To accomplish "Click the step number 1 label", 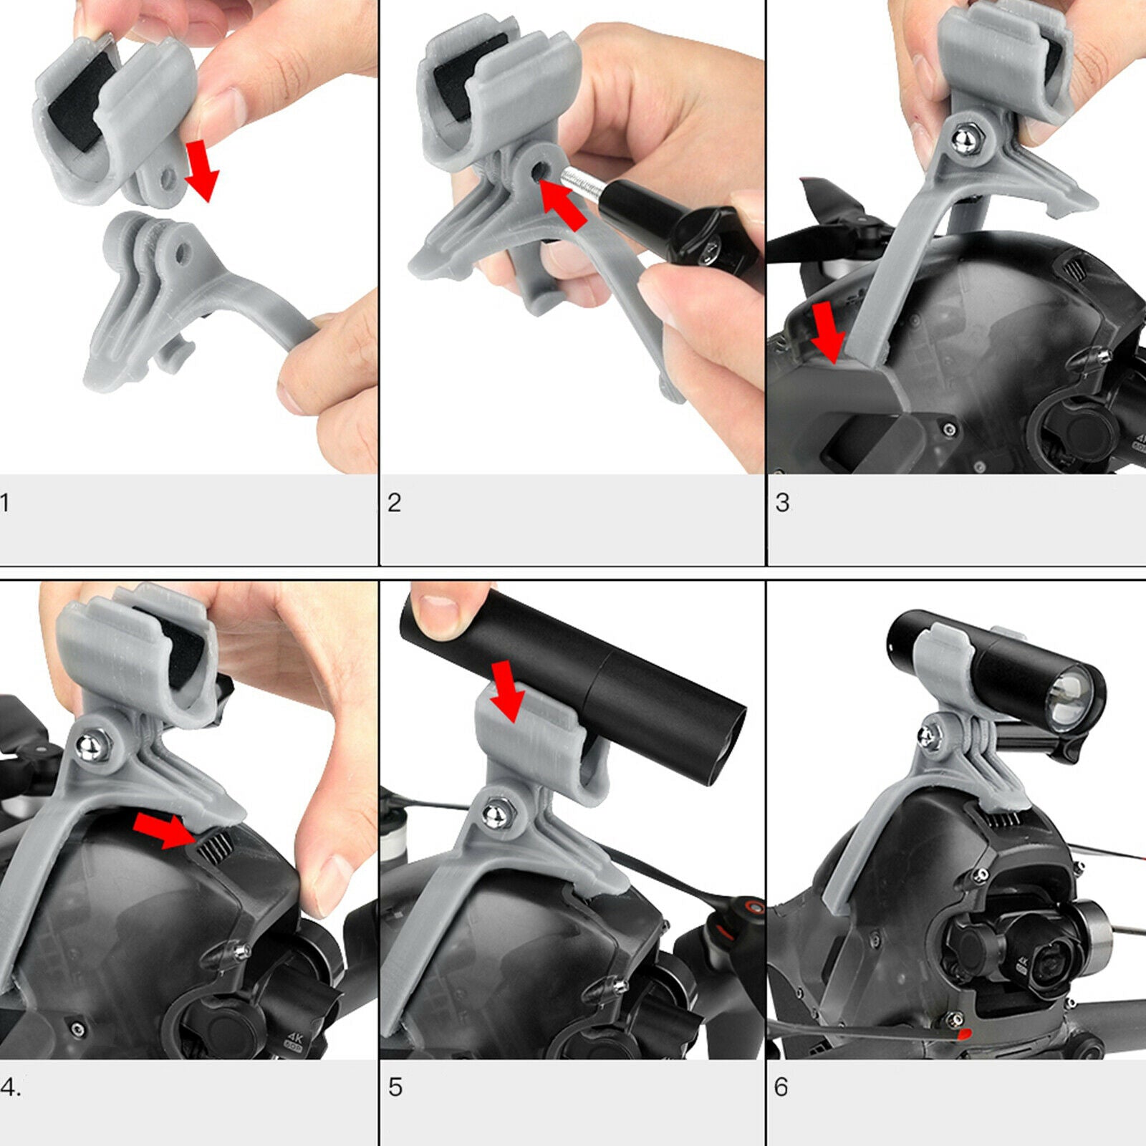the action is pos(4,503).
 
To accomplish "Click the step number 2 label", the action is pos(394,503).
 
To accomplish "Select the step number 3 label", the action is pos(782,503).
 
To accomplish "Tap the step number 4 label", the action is pos(10,1087).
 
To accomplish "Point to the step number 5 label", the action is pos(395,1087).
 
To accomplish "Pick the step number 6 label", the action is pos(781,1087).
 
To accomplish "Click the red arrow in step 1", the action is pos(201,171).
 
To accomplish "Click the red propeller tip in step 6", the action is pos(965,1034).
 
